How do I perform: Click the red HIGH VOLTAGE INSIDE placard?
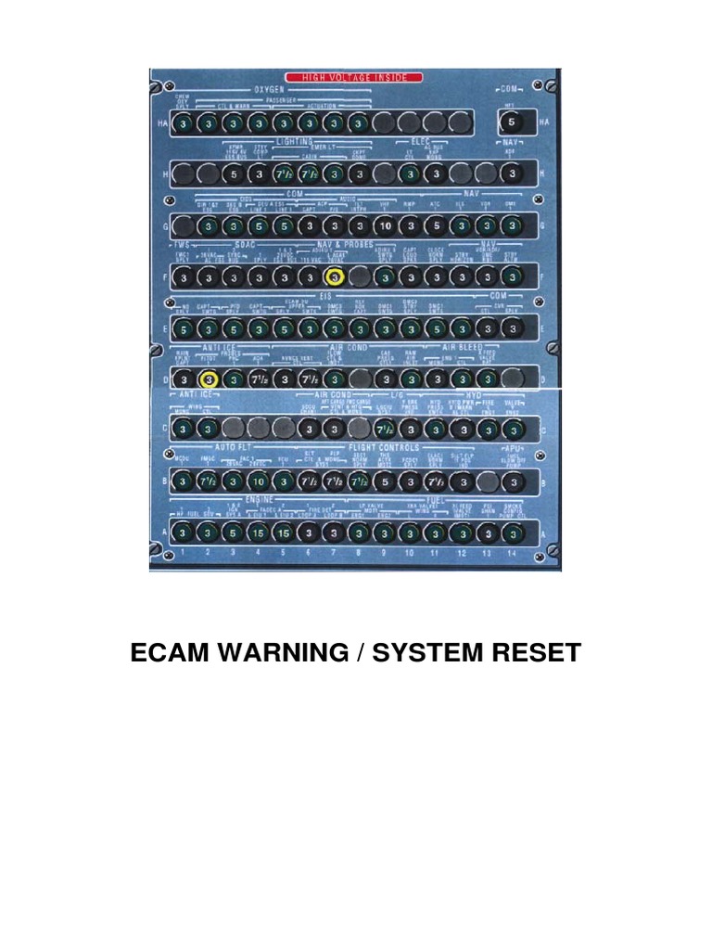pyautogui.click(x=355, y=77)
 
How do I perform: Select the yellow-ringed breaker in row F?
pyautogui.click(x=334, y=277)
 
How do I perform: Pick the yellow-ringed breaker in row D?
pyautogui.click(x=210, y=379)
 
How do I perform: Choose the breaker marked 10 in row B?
pyautogui.click(x=260, y=482)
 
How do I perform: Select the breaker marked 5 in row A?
pyautogui.click(x=235, y=533)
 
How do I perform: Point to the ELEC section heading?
pyautogui.click(x=422, y=141)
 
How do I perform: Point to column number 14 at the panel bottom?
pyautogui.click(x=510, y=554)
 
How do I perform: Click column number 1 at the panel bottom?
pyautogui.click(x=184, y=554)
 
